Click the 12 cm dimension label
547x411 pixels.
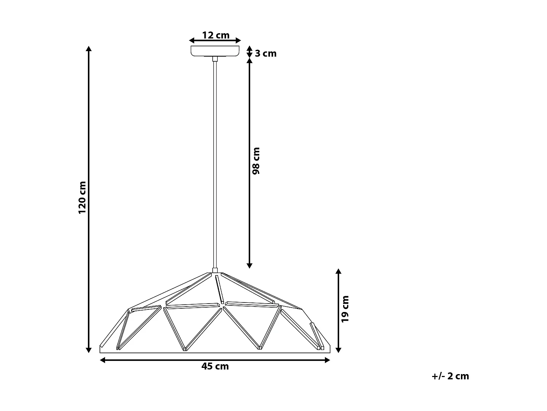(x=216, y=35)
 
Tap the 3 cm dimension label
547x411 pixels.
(x=265, y=54)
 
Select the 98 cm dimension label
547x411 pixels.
(x=256, y=161)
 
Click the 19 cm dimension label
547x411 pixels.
(x=345, y=309)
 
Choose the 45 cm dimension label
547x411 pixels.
(x=215, y=366)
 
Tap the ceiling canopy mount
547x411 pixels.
(x=215, y=51)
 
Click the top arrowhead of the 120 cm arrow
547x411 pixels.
(x=88, y=49)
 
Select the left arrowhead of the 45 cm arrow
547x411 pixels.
(x=102, y=360)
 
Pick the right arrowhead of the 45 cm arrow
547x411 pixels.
(x=327, y=360)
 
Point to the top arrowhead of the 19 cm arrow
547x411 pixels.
(x=338, y=271)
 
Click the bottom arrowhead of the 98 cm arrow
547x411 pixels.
(x=249, y=266)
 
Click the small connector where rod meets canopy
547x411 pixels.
(x=215, y=59)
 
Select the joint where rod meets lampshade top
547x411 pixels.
(x=215, y=271)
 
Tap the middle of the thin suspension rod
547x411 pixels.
(x=215, y=164)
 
